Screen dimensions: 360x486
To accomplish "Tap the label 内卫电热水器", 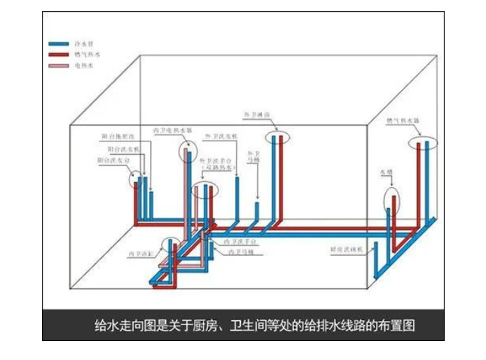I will pyautogui.click(x=172, y=130).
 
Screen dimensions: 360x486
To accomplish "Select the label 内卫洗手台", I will pyautogui.click(x=239, y=241).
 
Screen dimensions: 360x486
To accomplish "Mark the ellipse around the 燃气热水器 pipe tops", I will pyautogui.click(x=424, y=143).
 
